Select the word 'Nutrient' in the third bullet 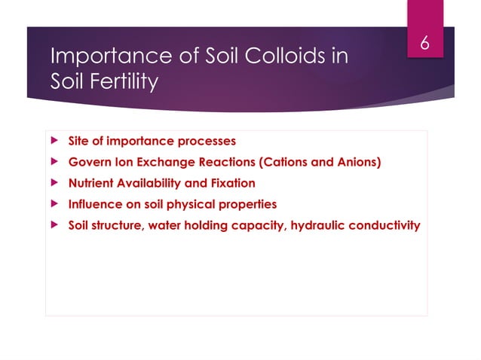tap(92, 183)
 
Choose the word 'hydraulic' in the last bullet tap(320, 225)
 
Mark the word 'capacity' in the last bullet tap(262, 225)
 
